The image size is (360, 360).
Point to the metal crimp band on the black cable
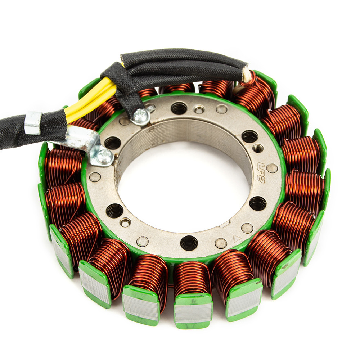33,123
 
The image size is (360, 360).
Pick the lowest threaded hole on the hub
189,243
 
